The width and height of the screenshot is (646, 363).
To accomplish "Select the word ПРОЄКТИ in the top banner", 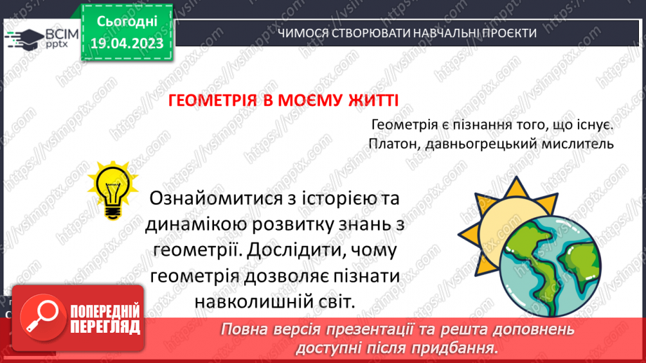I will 509,33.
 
